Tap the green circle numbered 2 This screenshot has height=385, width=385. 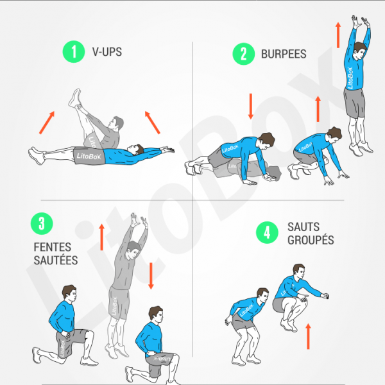243,53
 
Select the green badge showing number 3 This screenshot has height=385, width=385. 42,224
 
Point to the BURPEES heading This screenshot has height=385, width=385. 284,54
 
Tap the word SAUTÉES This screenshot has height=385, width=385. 55,261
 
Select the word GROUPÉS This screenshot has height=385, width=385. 311,241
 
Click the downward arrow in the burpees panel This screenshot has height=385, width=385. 251,106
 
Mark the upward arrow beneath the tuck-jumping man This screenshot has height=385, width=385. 309,336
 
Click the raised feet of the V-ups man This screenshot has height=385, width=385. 76,98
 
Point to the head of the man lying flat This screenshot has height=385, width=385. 133,150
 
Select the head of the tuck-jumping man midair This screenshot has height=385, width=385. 298,271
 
